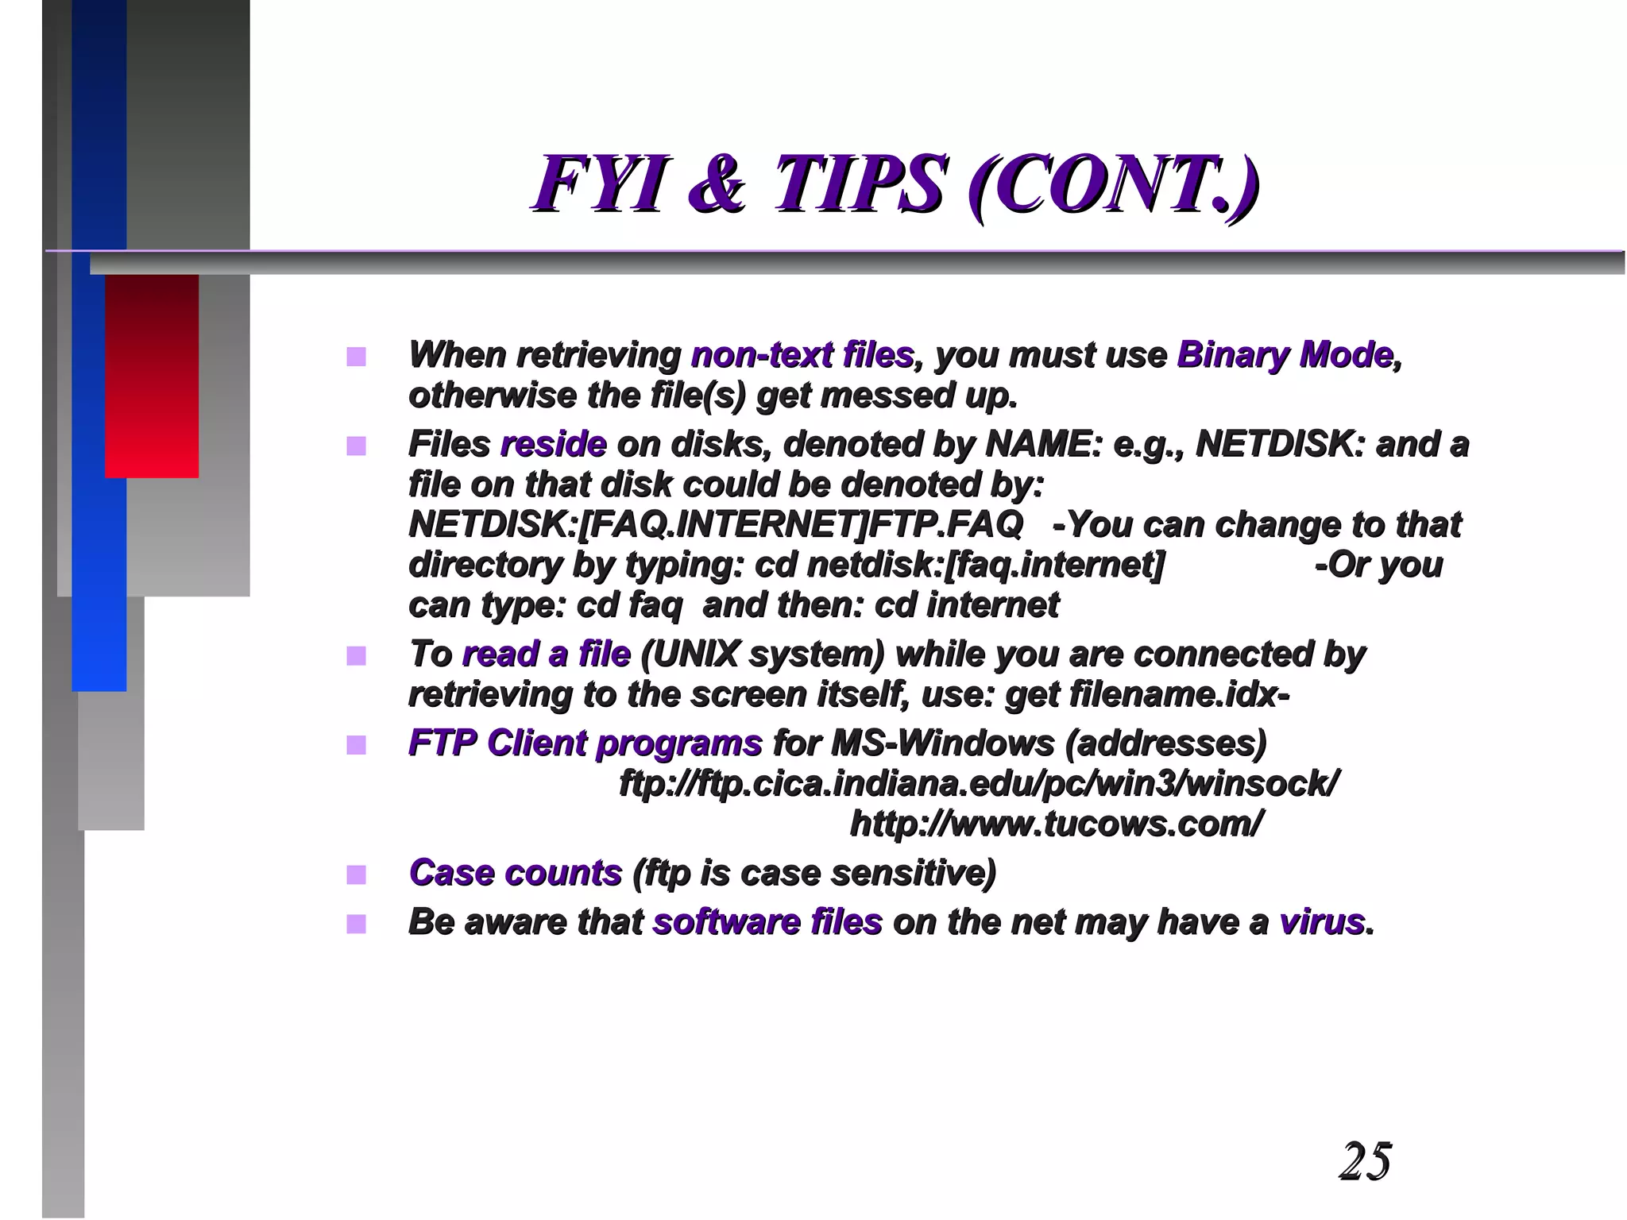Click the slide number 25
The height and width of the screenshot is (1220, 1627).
(1365, 1161)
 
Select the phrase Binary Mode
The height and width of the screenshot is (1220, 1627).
(1285, 355)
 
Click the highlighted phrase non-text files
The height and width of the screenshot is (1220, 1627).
(802, 355)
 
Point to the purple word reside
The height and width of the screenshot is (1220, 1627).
(554, 444)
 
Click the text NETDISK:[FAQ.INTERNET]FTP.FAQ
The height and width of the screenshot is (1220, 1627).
(715, 524)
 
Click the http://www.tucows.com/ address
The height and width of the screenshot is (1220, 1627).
(1056, 824)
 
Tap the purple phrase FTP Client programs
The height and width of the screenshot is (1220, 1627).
(585, 743)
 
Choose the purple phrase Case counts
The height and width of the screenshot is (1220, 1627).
(515, 873)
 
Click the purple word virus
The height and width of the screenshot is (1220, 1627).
(1321, 922)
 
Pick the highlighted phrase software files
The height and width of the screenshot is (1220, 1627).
(767, 922)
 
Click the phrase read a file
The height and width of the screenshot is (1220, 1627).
(546, 654)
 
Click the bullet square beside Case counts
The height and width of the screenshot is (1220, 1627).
(356, 874)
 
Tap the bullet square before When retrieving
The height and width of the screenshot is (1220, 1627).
(356, 357)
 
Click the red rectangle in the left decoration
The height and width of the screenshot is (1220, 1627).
(152, 375)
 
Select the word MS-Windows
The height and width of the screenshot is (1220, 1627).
(941, 743)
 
